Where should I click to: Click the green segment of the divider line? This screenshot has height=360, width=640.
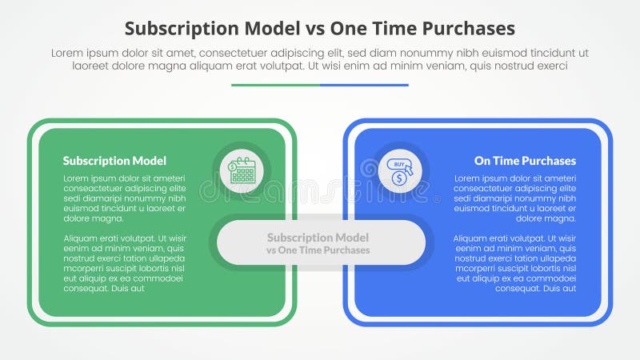tap(275, 85)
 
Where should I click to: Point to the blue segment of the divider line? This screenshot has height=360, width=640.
tap(364, 85)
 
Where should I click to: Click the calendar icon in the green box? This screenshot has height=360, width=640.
tap(242, 170)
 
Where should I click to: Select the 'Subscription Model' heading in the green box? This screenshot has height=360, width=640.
tap(114, 161)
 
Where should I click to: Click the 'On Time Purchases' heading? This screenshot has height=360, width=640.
tap(525, 161)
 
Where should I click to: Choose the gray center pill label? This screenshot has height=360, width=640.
tap(320, 242)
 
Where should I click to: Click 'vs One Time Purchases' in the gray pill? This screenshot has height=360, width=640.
tap(318, 250)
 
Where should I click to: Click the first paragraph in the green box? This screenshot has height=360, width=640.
tap(124, 198)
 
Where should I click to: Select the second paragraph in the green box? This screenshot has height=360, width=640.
tap(124, 263)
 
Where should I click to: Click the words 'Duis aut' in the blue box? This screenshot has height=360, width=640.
tap(558, 288)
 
